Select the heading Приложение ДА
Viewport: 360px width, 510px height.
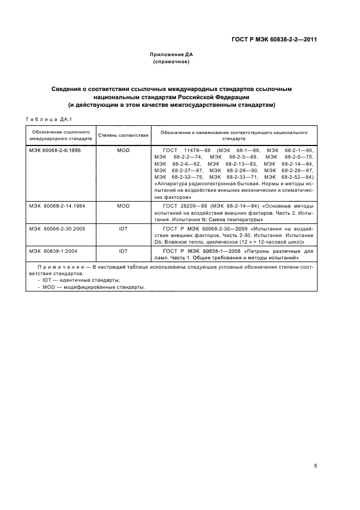[x=172, y=55]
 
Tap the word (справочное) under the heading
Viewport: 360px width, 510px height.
[x=172, y=62]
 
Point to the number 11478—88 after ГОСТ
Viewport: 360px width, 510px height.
[x=199, y=149]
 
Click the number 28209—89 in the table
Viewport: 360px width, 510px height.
[x=190, y=205]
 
